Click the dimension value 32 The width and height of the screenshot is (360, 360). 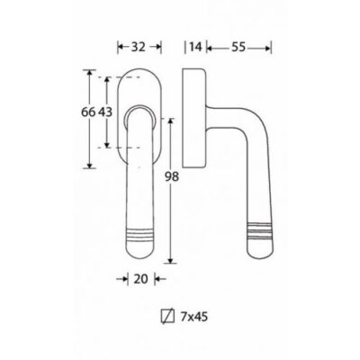(139, 47)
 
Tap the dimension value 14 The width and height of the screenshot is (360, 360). (195, 47)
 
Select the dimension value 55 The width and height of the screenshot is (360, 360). (238, 47)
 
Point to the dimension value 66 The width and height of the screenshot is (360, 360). (88, 112)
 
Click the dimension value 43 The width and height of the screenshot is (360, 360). (105, 112)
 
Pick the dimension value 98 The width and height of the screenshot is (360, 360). (172, 176)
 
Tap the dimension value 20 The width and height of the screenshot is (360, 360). (140, 279)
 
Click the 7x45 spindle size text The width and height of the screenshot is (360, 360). (194, 317)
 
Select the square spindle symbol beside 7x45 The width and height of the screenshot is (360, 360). (167, 318)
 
